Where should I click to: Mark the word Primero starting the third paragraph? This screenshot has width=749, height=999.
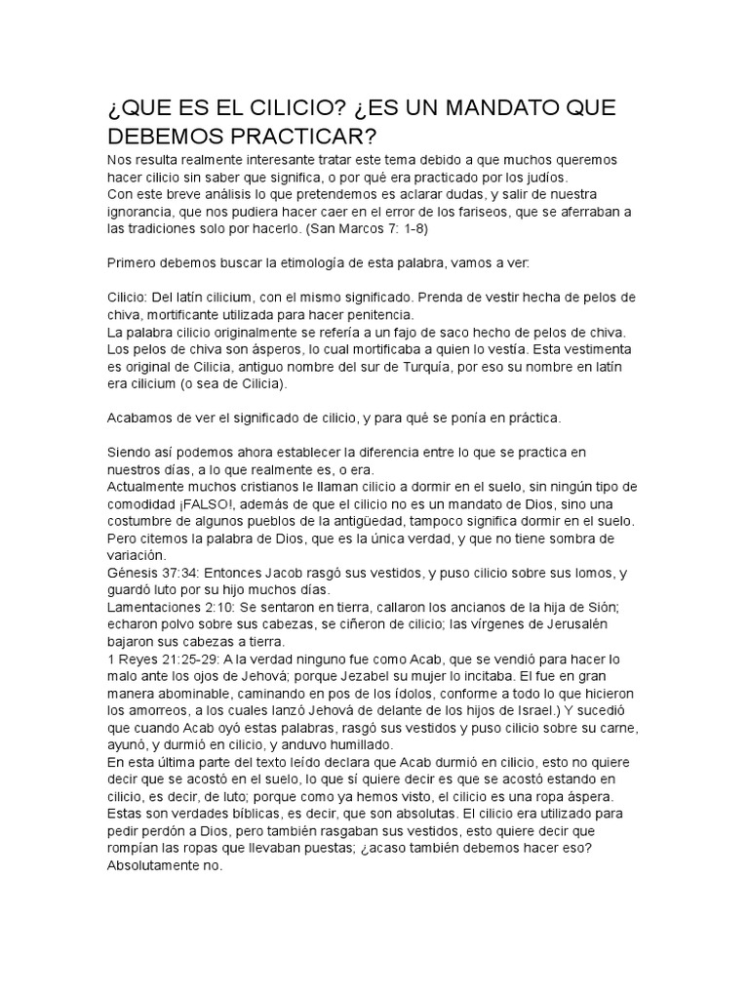(135, 264)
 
